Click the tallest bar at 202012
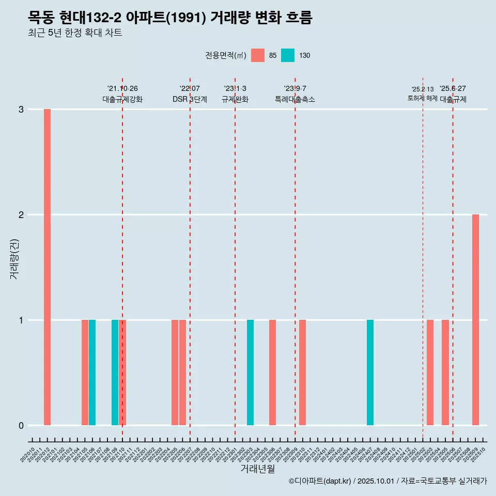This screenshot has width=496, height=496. (47, 267)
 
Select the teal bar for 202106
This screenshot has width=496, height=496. (92, 373)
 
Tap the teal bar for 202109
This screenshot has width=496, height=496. (115, 373)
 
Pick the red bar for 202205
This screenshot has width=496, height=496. (175, 373)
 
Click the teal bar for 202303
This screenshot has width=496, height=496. (250, 373)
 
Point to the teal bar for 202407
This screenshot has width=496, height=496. (370, 373)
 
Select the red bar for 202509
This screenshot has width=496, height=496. (475, 320)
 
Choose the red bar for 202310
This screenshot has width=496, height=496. (303, 373)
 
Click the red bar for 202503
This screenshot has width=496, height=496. (430, 373)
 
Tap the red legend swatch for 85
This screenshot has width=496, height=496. (258, 55)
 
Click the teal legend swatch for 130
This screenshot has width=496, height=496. (288, 55)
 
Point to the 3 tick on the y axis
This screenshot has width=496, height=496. (21, 110)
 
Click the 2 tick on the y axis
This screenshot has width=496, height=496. (21, 215)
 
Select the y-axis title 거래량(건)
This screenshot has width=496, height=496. (14, 258)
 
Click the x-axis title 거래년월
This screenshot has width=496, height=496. (257, 469)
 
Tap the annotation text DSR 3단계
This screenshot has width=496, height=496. (190, 99)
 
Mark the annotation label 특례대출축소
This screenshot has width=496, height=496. (295, 99)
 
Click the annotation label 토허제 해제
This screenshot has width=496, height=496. (423, 98)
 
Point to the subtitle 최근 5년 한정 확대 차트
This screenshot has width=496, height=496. (75, 33)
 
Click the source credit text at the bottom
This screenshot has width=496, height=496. (388, 481)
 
